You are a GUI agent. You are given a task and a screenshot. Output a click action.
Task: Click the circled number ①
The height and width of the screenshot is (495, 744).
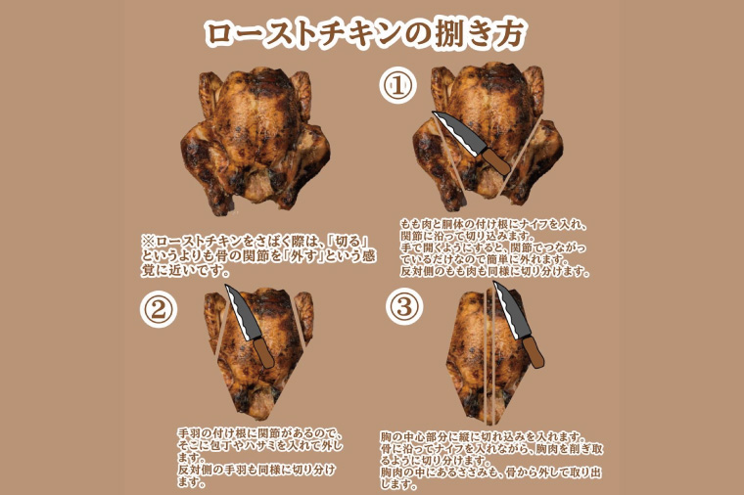(x=398, y=86)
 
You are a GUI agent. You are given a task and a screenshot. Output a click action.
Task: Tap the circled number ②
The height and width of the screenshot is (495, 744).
(x=159, y=310)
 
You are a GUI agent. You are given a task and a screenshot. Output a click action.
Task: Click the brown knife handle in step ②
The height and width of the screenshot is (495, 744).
(x=261, y=351)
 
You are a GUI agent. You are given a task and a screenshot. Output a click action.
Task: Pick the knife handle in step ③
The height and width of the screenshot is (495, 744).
(x=533, y=351)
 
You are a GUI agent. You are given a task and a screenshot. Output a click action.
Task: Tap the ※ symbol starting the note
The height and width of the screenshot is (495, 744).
(x=148, y=240)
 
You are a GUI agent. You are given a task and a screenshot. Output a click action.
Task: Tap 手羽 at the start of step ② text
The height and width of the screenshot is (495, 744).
(x=189, y=432)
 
